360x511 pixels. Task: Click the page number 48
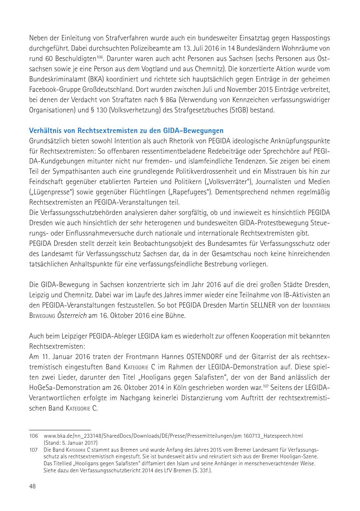tap(33, 486)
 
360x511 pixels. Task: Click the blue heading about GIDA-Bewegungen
tap(126, 131)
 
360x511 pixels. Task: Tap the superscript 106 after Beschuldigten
tap(100, 57)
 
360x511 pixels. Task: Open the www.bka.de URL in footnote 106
tap(173, 436)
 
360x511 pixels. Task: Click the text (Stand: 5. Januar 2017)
tap(71, 443)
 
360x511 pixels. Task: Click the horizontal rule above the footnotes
tap(60, 429)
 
